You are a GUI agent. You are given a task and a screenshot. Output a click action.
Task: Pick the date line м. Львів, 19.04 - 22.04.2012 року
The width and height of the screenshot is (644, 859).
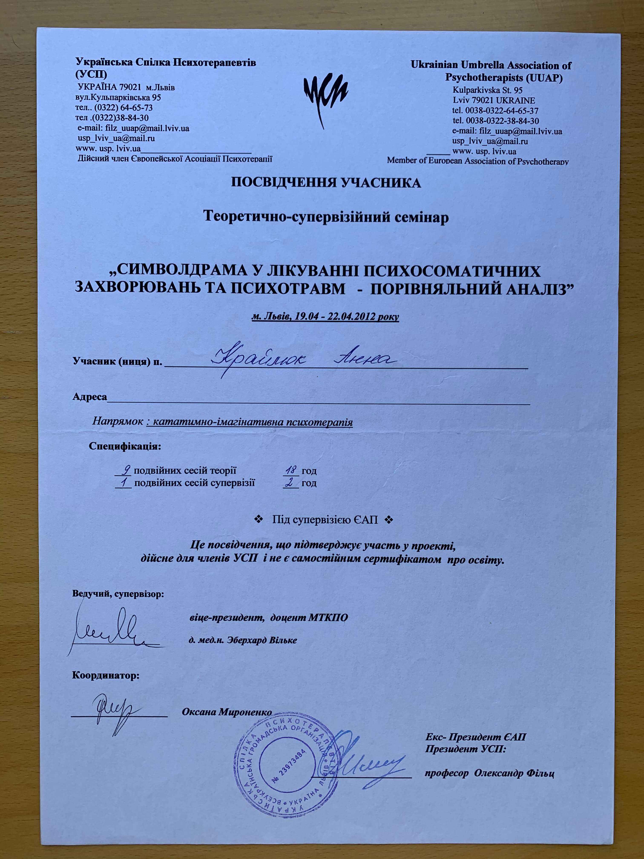(x=325, y=316)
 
